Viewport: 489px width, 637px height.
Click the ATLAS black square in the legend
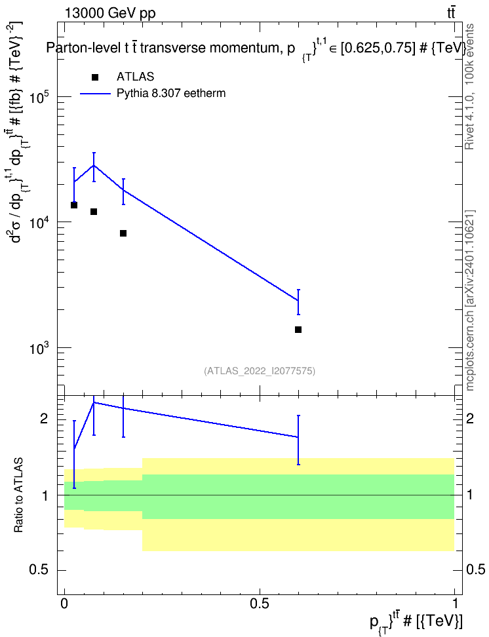tap(95, 77)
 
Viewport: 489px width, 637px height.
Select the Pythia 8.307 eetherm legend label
tap(170, 94)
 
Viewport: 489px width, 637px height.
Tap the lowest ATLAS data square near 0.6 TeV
tap(298, 330)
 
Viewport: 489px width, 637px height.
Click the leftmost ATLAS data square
tap(74, 205)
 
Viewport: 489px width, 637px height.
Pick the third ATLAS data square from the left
tap(123, 233)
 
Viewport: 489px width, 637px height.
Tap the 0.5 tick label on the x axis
tap(260, 604)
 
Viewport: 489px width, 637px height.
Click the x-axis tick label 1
tap(454, 604)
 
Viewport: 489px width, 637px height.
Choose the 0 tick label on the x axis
tap(64, 604)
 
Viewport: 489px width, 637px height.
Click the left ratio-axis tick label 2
tap(44, 418)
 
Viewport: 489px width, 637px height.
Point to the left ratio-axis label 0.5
tap(39, 570)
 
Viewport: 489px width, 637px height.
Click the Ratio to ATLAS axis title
tap(18, 495)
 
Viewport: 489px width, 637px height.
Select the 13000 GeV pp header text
tap(109, 13)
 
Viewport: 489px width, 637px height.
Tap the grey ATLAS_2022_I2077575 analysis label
tap(260, 370)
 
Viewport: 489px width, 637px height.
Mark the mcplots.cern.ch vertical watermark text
tap(470, 301)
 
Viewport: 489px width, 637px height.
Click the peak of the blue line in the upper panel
tap(94, 165)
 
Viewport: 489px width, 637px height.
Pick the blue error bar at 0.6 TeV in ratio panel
tap(298, 440)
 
